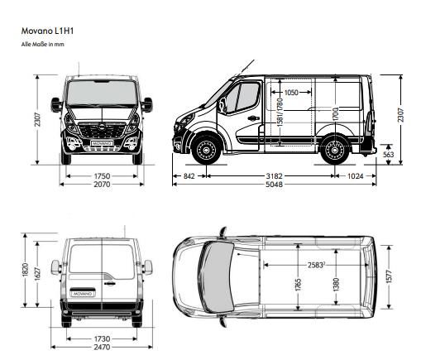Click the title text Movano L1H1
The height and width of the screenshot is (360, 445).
[47, 31]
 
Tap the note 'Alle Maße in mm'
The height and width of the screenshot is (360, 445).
[42, 45]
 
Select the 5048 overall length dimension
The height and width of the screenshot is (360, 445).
[274, 185]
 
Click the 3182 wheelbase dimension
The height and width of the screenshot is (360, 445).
[274, 176]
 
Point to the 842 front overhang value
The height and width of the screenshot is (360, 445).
[189, 176]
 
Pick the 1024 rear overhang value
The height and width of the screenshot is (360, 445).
[356, 176]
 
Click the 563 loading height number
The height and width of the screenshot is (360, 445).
[388, 155]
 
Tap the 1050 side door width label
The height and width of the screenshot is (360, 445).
[291, 92]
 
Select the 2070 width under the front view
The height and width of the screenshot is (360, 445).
[102, 185]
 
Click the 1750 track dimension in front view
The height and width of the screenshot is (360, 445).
[102, 176]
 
